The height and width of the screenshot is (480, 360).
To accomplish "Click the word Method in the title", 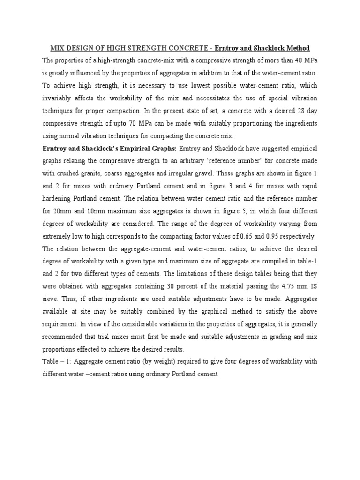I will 297,48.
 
